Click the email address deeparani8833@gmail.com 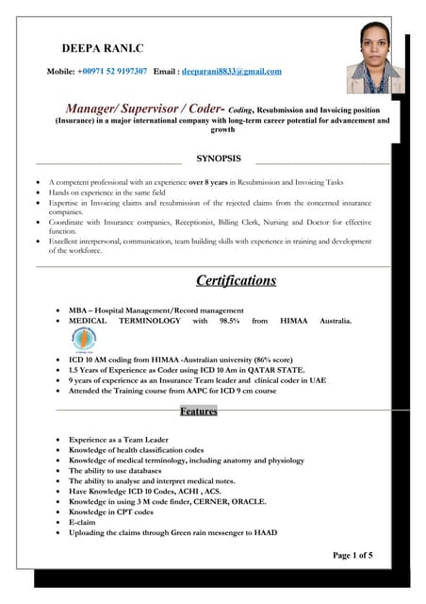point(232,71)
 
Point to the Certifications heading point(236,280)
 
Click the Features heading point(198,411)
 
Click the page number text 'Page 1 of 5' point(353,556)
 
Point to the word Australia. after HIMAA point(327,321)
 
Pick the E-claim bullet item point(82,521)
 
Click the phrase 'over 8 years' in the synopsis point(210,180)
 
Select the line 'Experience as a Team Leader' point(120,440)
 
